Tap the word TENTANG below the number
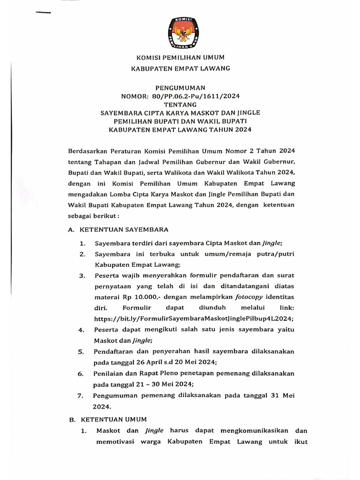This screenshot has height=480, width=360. (x=180, y=105)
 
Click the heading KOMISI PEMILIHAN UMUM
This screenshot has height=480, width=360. (x=180, y=58)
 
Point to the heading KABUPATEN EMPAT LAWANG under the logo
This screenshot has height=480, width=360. (x=180, y=69)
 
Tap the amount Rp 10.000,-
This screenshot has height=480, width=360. (x=140, y=297)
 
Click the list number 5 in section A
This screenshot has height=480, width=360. (x=81, y=352)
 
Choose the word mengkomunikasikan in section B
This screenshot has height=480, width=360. (x=251, y=430)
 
